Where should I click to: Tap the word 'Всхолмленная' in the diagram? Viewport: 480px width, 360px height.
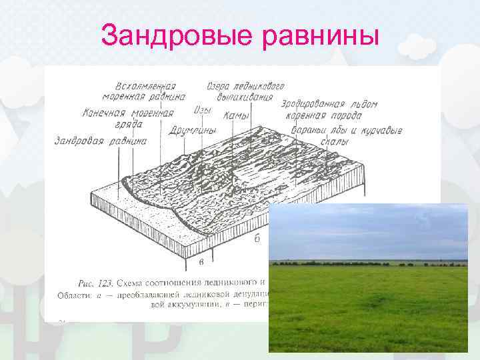tap(145, 86)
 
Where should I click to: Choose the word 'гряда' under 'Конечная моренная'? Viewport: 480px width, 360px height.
tap(129, 124)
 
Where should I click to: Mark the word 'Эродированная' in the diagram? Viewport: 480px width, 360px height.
tap(312, 104)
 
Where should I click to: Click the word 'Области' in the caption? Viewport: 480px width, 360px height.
tap(73, 293)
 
